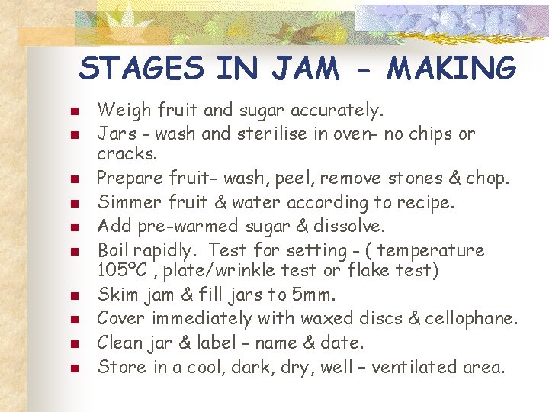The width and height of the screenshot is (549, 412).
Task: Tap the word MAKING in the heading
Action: pos(452,69)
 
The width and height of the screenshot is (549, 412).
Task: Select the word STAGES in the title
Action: pos(142,69)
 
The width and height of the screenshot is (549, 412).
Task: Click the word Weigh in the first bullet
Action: pos(124,111)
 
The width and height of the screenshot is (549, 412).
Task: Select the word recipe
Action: pos(422,202)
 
